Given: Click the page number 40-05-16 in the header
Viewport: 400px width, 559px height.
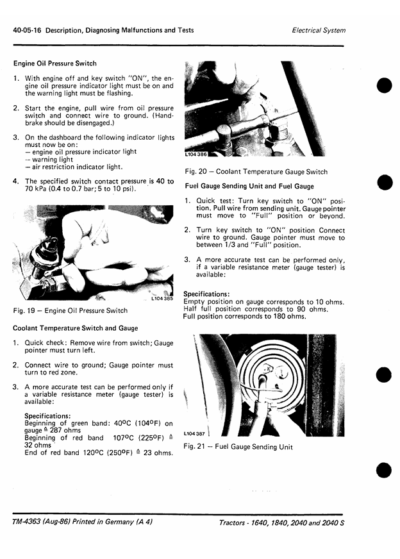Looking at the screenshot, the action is (x=27, y=30).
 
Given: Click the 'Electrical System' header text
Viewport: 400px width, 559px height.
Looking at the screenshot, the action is (x=319, y=31).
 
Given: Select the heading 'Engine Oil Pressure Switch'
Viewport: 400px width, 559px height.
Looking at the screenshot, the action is (x=55, y=63).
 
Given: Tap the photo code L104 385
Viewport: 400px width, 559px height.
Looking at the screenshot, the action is (x=162, y=298).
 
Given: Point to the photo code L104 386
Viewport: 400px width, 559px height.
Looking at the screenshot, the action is (x=196, y=154).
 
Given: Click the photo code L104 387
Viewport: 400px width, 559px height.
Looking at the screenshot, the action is (x=194, y=433).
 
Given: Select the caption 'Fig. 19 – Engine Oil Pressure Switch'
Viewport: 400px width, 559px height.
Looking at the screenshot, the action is (x=71, y=310).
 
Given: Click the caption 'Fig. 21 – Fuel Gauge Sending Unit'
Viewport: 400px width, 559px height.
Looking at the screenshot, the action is (x=238, y=447).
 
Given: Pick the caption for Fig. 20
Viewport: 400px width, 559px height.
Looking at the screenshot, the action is (x=256, y=172).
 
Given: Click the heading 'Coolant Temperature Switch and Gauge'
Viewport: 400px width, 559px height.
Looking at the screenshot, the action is (x=75, y=328).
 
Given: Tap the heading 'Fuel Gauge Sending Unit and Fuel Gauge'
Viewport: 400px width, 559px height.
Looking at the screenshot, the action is (x=249, y=186).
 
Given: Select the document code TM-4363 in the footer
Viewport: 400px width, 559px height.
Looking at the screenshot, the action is (x=26, y=522).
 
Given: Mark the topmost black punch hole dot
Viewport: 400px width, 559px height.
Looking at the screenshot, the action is (x=385, y=85).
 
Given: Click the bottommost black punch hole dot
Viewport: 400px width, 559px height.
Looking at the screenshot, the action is (x=384, y=470).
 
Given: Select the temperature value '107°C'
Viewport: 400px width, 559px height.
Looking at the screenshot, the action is (x=123, y=438).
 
